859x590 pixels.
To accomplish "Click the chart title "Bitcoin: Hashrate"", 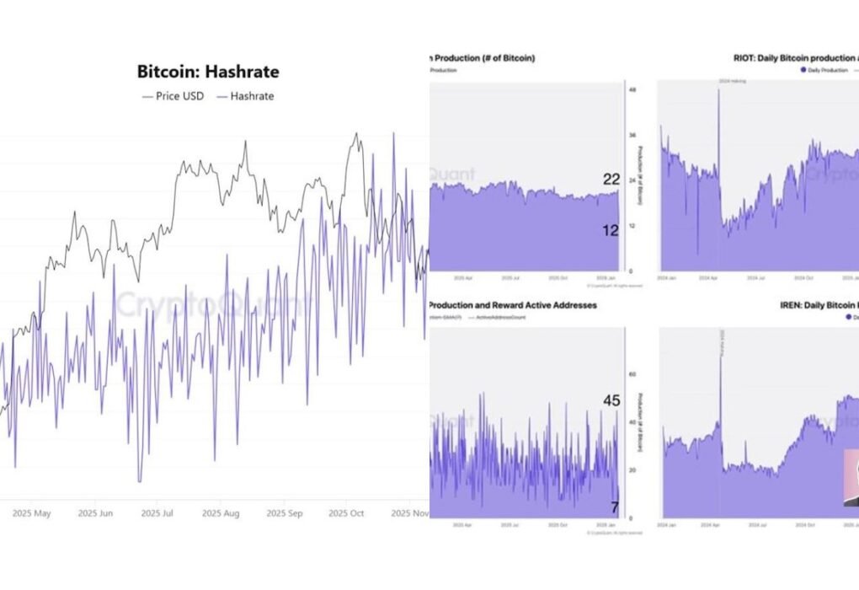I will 207,72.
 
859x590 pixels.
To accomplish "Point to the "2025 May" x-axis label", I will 29,512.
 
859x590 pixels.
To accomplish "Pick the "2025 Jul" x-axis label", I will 157,512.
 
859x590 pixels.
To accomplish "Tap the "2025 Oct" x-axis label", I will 345,512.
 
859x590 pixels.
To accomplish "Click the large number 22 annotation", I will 611,179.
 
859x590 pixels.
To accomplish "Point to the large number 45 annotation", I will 611,400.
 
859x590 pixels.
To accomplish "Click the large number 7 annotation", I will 615,507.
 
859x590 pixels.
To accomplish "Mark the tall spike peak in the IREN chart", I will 721,346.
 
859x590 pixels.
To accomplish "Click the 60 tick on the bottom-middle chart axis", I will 632,373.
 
